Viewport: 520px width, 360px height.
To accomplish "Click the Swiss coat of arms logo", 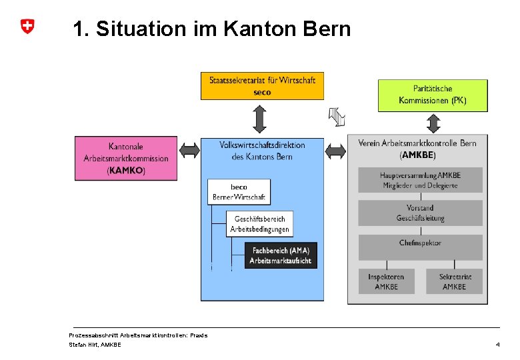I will [x=27, y=27].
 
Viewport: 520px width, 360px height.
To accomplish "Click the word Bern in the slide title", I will [x=326, y=29].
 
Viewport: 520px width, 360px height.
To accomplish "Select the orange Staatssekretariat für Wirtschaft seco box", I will [x=262, y=86].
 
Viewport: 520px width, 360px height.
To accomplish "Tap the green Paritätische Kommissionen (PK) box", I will [x=433, y=95].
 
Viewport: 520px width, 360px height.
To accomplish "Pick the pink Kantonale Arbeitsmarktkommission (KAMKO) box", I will [x=126, y=158].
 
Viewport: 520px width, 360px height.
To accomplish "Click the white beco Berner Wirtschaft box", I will [x=239, y=192].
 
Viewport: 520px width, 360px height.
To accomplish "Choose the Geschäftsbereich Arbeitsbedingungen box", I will [x=259, y=224].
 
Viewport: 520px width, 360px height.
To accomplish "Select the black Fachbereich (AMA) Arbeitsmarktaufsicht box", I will [x=280, y=255].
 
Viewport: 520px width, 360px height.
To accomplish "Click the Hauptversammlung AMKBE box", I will [x=420, y=180].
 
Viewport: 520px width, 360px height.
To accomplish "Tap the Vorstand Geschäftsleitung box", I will [x=420, y=213].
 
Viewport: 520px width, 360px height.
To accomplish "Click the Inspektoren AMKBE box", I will [x=386, y=281].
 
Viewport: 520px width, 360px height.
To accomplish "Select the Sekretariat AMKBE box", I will [x=455, y=281].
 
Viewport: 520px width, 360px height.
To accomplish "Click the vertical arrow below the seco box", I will [x=260, y=119].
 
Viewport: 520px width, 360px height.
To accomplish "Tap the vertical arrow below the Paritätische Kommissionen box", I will [x=434, y=124].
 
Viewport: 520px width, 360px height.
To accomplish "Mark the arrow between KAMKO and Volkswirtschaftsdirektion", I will [x=190, y=151].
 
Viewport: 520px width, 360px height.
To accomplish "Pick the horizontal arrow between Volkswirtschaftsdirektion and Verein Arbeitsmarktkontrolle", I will [x=335, y=151].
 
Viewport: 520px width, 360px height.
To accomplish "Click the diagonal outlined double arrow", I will [x=337, y=117].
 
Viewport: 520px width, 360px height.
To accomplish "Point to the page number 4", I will [x=497, y=345].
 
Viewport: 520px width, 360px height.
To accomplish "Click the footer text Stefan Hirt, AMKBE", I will [x=95, y=345].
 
